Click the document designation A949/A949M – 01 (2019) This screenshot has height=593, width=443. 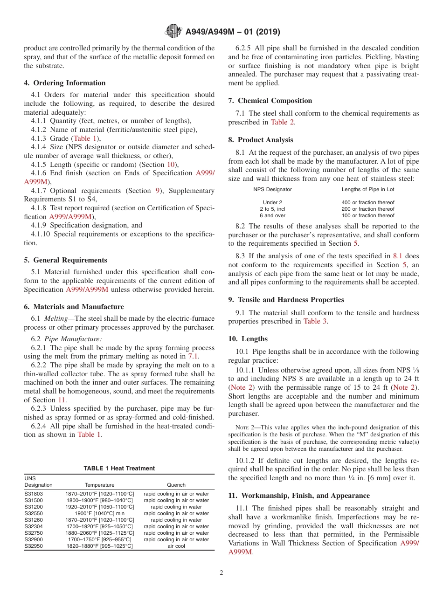point(233,32)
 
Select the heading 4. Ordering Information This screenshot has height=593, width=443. point(65,83)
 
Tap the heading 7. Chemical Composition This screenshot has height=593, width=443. point(270,101)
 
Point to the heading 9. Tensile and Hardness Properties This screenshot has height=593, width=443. point(286,300)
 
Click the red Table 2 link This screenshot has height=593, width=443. point(283,122)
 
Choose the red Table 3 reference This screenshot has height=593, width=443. point(315,321)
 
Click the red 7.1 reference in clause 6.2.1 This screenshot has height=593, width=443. point(193,356)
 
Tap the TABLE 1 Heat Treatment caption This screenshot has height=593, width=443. point(119,468)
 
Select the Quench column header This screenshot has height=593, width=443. point(176,485)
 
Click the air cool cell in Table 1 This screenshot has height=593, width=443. point(176,546)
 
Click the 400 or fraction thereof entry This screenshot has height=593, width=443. point(367,202)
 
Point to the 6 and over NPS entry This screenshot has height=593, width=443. point(272,215)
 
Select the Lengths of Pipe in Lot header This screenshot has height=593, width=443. point(367,189)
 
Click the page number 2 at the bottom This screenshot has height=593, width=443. point(221,573)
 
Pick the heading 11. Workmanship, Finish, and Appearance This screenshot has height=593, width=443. point(299,496)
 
